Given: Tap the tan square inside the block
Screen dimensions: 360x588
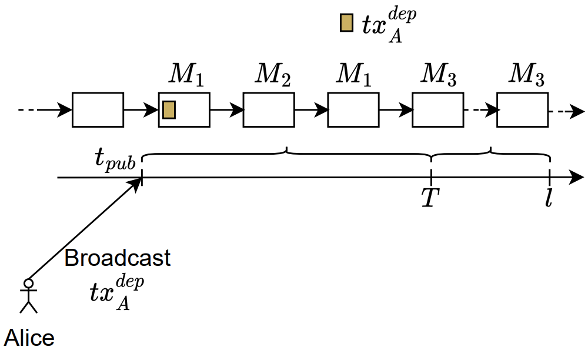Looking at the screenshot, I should pyautogui.click(x=169, y=109).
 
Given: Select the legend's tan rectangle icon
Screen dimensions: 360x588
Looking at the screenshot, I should pyautogui.click(x=346, y=22).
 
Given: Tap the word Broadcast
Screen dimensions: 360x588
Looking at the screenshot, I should pyautogui.click(x=118, y=258).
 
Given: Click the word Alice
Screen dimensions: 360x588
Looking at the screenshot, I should pyautogui.click(x=29, y=338).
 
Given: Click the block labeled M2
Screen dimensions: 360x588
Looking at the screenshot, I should pyautogui.click(x=269, y=109).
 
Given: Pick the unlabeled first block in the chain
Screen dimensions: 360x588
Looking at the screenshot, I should pyautogui.click(x=98, y=109).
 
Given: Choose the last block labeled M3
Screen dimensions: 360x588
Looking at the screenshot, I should pyautogui.click(x=522, y=109).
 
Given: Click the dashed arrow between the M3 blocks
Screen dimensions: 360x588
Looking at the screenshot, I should pyautogui.click(x=480, y=109).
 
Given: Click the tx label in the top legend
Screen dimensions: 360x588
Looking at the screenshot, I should pyautogui.click(x=382, y=26).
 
